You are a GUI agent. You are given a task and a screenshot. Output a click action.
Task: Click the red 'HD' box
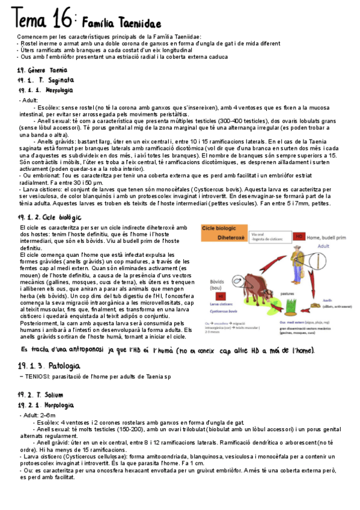pyautogui.click(x=299, y=236)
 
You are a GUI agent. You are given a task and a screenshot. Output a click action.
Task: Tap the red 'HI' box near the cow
pyautogui.click(x=221, y=296)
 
